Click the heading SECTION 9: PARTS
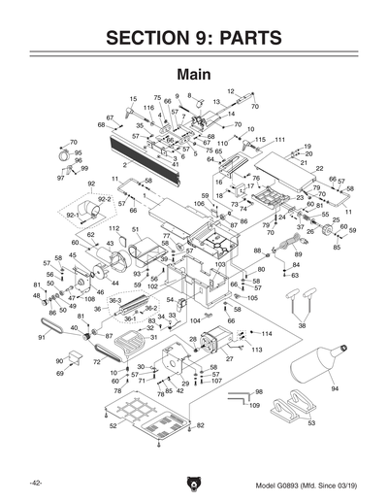194,38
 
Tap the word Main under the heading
194,74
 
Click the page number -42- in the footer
35,483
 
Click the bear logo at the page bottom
193,483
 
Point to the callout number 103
220,264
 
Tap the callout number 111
279,140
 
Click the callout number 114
267,334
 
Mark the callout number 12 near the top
232,91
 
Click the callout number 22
319,169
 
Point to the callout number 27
229,359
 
